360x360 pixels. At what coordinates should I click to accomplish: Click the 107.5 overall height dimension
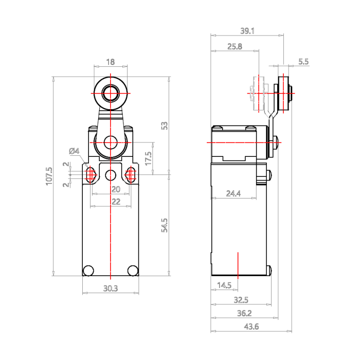(49, 176)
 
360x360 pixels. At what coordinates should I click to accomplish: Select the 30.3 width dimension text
(111, 289)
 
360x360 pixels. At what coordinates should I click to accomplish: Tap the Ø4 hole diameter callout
(74, 151)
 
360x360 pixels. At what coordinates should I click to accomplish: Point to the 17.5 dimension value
(148, 158)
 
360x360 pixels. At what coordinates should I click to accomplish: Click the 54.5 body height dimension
(165, 225)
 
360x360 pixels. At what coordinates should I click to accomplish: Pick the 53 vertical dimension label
(165, 125)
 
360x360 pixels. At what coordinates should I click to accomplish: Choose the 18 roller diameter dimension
(110, 62)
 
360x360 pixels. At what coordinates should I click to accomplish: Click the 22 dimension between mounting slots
(116, 202)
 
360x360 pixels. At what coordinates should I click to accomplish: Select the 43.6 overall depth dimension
(251, 327)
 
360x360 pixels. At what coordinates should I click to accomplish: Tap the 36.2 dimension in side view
(244, 313)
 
